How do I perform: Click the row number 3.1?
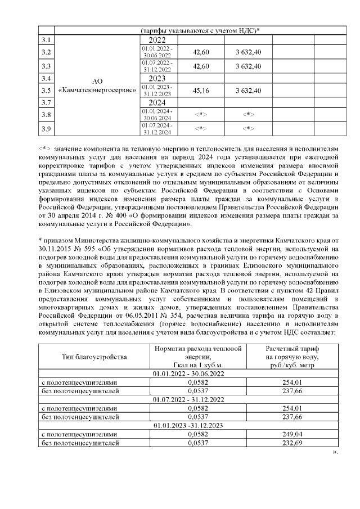(47, 40)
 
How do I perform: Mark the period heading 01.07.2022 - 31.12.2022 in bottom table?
(188, 400)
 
